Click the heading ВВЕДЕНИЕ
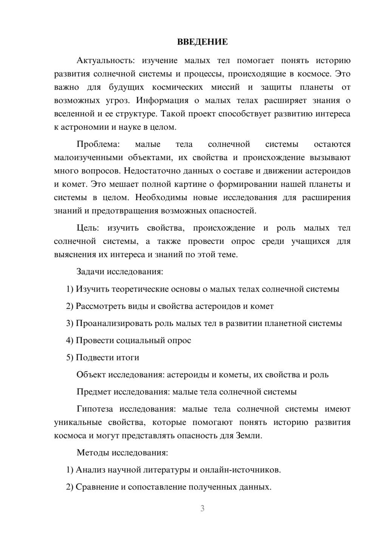pos(202,42)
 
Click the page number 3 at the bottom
pos(202,508)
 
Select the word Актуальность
pos(103,61)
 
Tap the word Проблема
pos(98,144)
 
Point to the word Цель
pos(88,228)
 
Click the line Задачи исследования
pos(119,272)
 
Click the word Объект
pos(91,375)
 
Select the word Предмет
pos(93,392)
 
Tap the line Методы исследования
pos(122,452)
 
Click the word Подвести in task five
pos(91,357)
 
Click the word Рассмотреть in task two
pos(99,306)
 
